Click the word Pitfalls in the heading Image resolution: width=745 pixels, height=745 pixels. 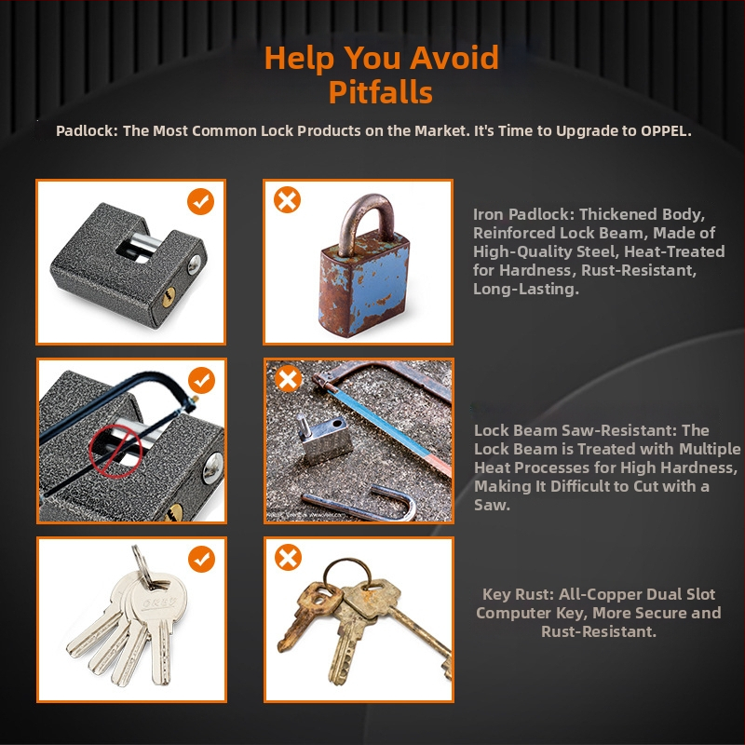(381, 91)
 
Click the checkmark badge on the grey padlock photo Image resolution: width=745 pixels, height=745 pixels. (200, 201)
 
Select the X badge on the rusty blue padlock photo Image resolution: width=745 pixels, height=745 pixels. (287, 199)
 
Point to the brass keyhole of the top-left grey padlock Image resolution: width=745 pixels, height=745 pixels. (169, 297)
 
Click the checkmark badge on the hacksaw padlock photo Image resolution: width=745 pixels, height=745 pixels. (201, 380)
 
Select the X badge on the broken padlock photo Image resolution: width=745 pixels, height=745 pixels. (288, 379)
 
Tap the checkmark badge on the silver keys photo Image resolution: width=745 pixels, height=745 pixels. (201, 559)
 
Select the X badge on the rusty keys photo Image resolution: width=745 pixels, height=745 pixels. (288, 557)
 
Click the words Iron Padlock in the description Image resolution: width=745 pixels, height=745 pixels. (523, 214)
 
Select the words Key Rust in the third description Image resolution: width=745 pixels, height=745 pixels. (518, 594)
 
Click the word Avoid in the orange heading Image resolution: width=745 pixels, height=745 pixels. (454, 57)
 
